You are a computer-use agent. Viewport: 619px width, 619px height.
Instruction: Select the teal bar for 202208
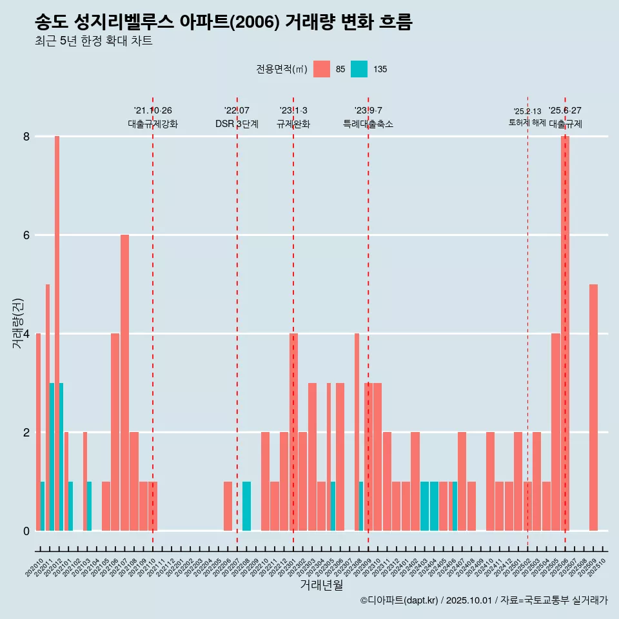click(x=246, y=506)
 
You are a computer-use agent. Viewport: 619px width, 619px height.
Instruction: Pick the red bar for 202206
click(x=228, y=506)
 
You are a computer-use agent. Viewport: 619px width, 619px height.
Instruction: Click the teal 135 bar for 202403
click(x=424, y=506)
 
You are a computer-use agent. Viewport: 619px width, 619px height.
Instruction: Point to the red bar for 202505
click(x=555, y=432)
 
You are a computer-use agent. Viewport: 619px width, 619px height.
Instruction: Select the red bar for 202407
click(x=462, y=481)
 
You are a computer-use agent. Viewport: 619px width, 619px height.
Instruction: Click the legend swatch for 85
click(x=321, y=69)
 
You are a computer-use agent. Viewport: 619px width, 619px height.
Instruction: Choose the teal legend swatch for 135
click(x=359, y=69)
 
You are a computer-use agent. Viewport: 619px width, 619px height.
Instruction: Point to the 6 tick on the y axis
click(x=26, y=235)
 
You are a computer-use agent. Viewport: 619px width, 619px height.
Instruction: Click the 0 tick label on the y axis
click(x=26, y=531)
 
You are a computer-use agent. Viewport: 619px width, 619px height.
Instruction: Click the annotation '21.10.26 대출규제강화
click(x=153, y=117)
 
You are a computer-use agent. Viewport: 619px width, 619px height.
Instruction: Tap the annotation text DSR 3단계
click(x=237, y=124)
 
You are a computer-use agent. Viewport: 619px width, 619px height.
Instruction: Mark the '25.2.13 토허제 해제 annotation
click(x=527, y=117)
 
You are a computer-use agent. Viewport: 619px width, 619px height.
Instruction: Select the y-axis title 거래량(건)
click(x=17, y=323)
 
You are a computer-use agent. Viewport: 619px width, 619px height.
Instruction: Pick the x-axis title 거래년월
click(x=321, y=585)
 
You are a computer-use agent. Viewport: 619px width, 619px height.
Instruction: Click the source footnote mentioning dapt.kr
click(x=484, y=600)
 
